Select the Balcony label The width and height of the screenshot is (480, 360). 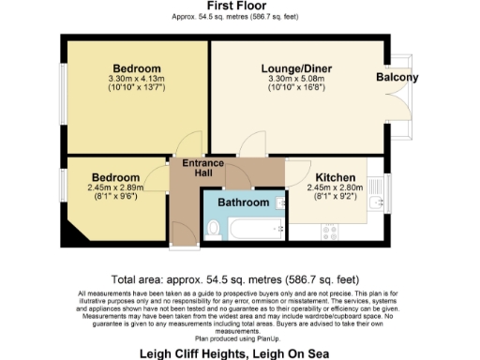397,78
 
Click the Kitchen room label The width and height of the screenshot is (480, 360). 334,176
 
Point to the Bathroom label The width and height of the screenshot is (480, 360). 244,202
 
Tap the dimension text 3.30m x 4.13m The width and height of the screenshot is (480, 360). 137,80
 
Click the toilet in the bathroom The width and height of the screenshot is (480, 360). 213,228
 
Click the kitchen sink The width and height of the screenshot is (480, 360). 375,203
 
